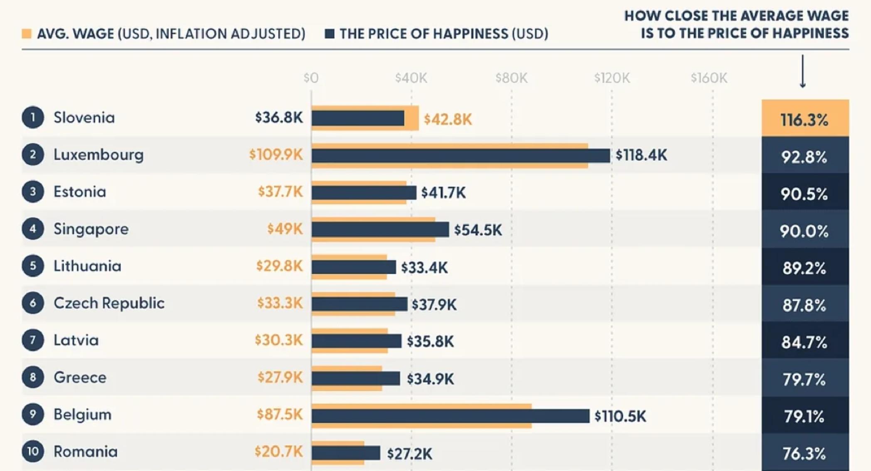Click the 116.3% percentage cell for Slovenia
805,118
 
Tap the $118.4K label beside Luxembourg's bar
641,155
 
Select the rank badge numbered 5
33,266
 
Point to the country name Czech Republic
109,303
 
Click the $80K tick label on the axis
512,78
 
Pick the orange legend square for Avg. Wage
27,34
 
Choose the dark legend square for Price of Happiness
330,34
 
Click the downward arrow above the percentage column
803,71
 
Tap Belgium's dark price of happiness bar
450,416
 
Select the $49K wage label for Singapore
285,229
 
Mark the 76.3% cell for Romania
805,453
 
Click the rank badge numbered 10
33,451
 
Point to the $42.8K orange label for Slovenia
448,120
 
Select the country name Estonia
80,192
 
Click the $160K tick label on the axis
709,78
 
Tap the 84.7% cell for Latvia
805,341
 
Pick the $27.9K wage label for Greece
280,378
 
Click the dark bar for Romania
346,453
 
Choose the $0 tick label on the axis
311,78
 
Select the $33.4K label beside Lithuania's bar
424,267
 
